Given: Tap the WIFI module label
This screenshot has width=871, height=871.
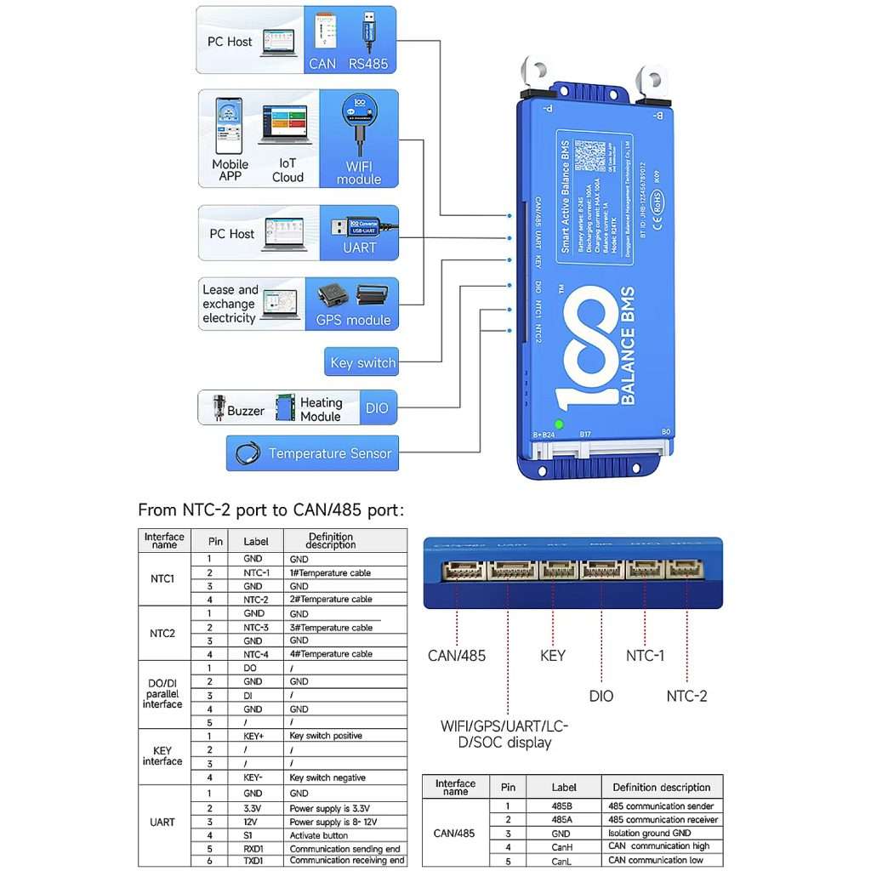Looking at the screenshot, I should click(358, 173).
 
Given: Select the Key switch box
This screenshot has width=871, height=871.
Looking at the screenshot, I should click(362, 362).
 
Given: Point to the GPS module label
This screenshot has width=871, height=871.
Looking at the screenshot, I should click(353, 320).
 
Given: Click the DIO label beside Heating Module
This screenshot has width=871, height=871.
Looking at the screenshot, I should click(377, 408).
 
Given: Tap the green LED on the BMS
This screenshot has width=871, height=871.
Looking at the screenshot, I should click(559, 424).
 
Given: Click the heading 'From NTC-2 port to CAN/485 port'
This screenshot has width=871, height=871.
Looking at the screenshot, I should click(270, 510).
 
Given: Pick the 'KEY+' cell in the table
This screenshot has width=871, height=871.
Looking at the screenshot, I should click(255, 736).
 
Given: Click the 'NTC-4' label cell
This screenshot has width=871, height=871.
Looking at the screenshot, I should click(255, 654).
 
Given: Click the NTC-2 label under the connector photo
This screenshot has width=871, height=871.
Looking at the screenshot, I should click(686, 696).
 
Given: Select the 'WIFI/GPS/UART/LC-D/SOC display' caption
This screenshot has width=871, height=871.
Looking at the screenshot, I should click(504, 734).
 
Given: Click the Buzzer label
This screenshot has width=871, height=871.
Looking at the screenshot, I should click(246, 411).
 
